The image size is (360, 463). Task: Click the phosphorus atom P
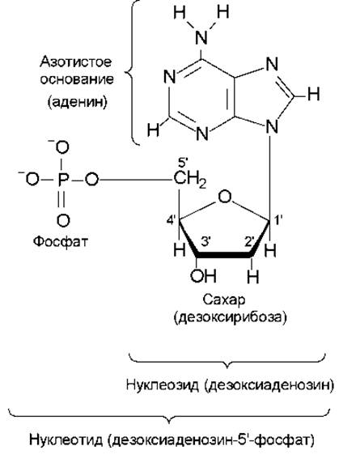tap(63, 180)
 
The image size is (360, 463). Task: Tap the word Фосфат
tap(60, 241)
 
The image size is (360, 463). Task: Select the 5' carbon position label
tap(183, 163)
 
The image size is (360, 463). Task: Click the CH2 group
tap(190, 180)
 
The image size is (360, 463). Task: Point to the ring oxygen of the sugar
tap(225, 197)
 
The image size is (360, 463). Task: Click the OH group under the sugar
tap(203, 275)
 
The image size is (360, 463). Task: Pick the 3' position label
tap(205, 241)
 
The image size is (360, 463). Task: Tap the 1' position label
tap(278, 220)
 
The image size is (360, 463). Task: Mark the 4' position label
tap(172, 220)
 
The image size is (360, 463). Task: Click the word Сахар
tap(223, 300)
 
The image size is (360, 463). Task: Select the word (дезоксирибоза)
tap(231, 318)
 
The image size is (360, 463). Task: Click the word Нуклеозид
tap(163, 385)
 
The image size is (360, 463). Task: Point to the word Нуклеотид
tap(66, 440)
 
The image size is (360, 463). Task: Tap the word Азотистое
tap(76, 62)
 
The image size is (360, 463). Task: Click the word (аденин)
tap(78, 102)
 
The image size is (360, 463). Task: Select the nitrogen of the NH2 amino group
tap(201, 37)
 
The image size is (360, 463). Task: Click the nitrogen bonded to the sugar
tap(272, 128)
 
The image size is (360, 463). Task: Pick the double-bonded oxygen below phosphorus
tap(63, 221)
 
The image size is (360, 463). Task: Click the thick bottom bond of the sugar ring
tap(223, 255)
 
